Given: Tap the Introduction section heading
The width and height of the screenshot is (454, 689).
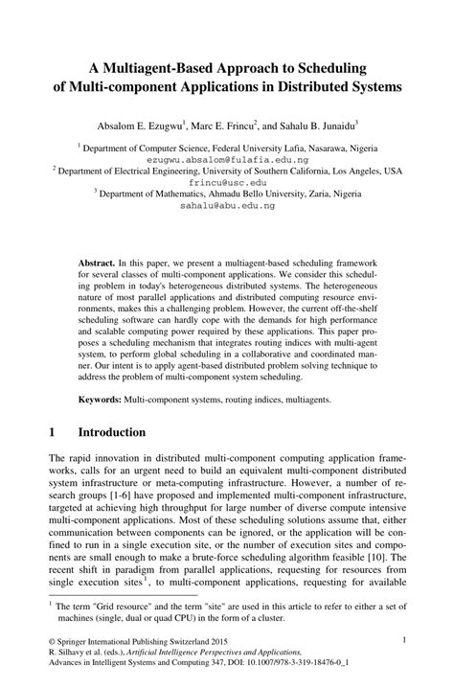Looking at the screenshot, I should pyautogui.click(x=111, y=432).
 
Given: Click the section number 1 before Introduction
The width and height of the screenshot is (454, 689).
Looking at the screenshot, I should pyautogui.click(x=50, y=432).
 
